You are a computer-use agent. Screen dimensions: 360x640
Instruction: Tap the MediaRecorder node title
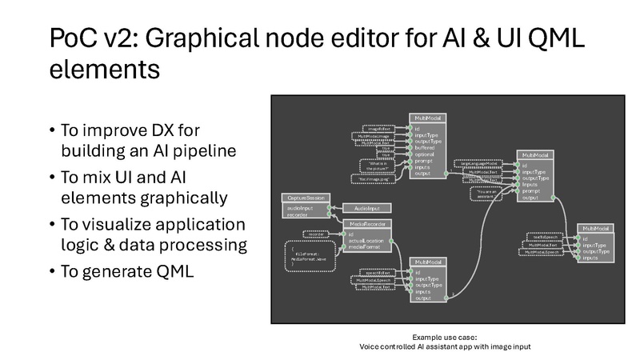[x=370, y=225]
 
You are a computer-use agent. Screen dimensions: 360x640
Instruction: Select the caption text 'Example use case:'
[x=444, y=337]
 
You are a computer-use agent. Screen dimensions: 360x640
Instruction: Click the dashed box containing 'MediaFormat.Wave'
[x=314, y=256]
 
